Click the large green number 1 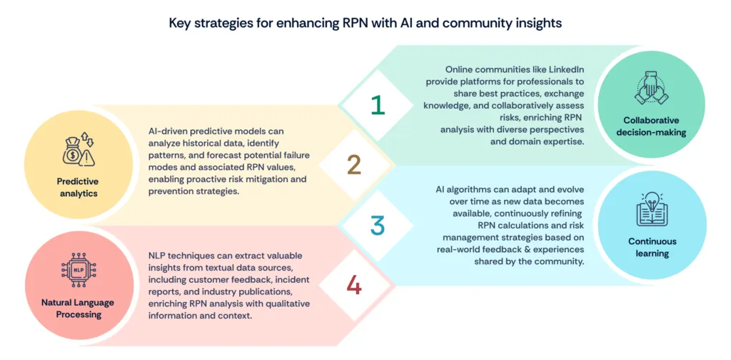click(378, 104)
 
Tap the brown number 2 click(354, 164)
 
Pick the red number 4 click(354, 286)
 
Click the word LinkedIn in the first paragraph click(563, 70)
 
